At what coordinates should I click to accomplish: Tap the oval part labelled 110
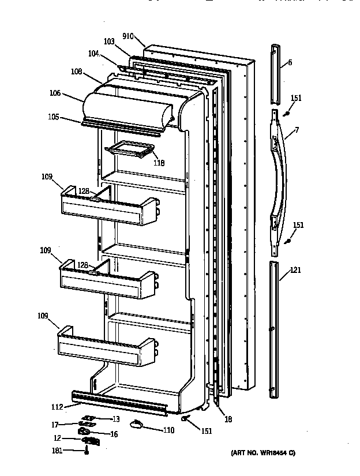137,425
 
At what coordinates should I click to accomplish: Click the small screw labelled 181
87,452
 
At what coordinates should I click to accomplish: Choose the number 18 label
228,419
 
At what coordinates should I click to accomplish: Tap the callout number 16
114,434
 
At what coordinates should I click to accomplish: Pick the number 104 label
94,54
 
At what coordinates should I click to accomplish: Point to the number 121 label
295,269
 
